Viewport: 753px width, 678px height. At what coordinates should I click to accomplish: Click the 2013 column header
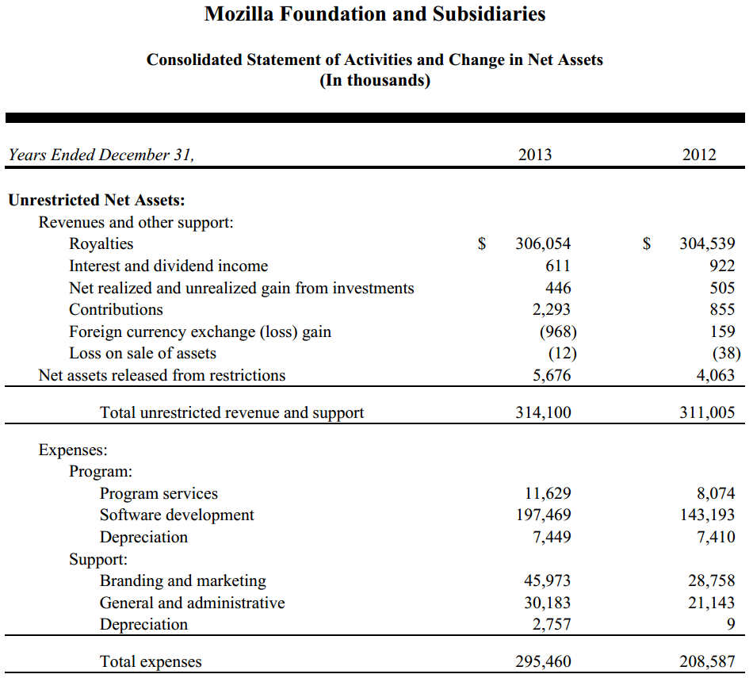pyautogui.click(x=535, y=155)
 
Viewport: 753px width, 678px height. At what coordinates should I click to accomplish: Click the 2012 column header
pyautogui.click(x=699, y=155)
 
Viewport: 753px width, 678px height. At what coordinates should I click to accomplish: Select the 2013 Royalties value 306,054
pyautogui.click(x=543, y=243)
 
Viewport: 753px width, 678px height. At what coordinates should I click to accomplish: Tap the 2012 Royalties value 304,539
pyautogui.click(x=707, y=243)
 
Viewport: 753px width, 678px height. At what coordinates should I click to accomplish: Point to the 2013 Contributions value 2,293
pyautogui.click(x=552, y=309)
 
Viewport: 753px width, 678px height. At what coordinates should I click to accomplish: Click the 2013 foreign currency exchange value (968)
pyautogui.click(x=558, y=331)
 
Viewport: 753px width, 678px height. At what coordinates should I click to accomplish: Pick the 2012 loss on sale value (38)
pyautogui.click(x=727, y=353)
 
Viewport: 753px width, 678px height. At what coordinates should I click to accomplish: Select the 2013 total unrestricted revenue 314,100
pyautogui.click(x=543, y=412)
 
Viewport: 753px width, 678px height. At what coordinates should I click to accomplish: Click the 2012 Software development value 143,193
pyautogui.click(x=707, y=515)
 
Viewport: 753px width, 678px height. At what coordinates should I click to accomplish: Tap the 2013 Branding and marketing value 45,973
pyautogui.click(x=548, y=580)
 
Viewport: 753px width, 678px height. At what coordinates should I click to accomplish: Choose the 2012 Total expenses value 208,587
pyautogui.click(x=707, y=661)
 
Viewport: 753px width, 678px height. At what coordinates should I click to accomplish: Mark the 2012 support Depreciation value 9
pyautogui.click(x=731, y=624)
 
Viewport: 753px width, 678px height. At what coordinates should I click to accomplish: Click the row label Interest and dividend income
pyautogui.click(x=169, y=266)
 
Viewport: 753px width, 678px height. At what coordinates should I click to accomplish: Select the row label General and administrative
pyautogui.click(x=192, y=603)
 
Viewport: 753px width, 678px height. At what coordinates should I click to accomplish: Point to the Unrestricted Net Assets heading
pyautogui.click(x=97, y=200)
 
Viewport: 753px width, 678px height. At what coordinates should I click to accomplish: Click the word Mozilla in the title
pyautogui.click(x=239, y=14)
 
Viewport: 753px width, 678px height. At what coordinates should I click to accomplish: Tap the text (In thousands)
pyautogui.click(x=375, y=80)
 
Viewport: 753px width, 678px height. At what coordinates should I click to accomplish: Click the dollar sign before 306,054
pyautogui.click(x=482, y=243)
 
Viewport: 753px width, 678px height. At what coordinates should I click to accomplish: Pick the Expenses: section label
pyautogui.click(x=73, y=450)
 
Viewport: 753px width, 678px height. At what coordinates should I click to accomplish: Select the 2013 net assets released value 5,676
pyautogui.click(x=552, y=375)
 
